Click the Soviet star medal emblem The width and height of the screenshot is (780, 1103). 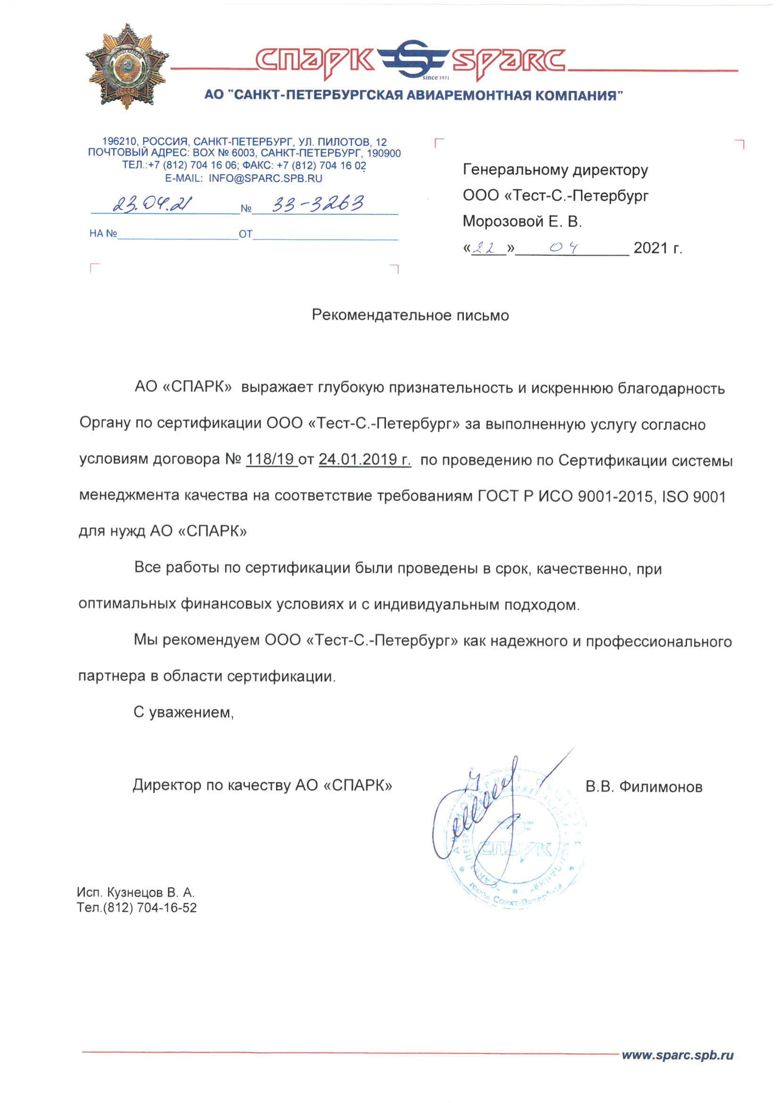click(x=127, y=66)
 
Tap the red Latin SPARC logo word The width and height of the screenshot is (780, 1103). click(x=509, y=61)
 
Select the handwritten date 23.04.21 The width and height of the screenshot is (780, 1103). click(x=151, y=204)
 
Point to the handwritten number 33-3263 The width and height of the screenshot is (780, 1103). click(x=318, y=204)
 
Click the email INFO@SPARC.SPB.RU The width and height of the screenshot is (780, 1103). click(x=265, y=178)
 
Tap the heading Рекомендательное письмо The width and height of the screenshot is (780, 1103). click(x=410, y=315)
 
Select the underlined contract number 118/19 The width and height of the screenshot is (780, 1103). click(x=270, y=459)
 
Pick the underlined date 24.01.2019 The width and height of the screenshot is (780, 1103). click(x=364, y=459)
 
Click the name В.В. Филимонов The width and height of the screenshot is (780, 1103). click(x=644, y=786)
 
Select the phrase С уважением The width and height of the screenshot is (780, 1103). click(x=184, y=712)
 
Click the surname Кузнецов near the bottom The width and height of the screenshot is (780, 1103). click(x=135, y=893)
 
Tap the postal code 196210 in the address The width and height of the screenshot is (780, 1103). click(x=119, y=142)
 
